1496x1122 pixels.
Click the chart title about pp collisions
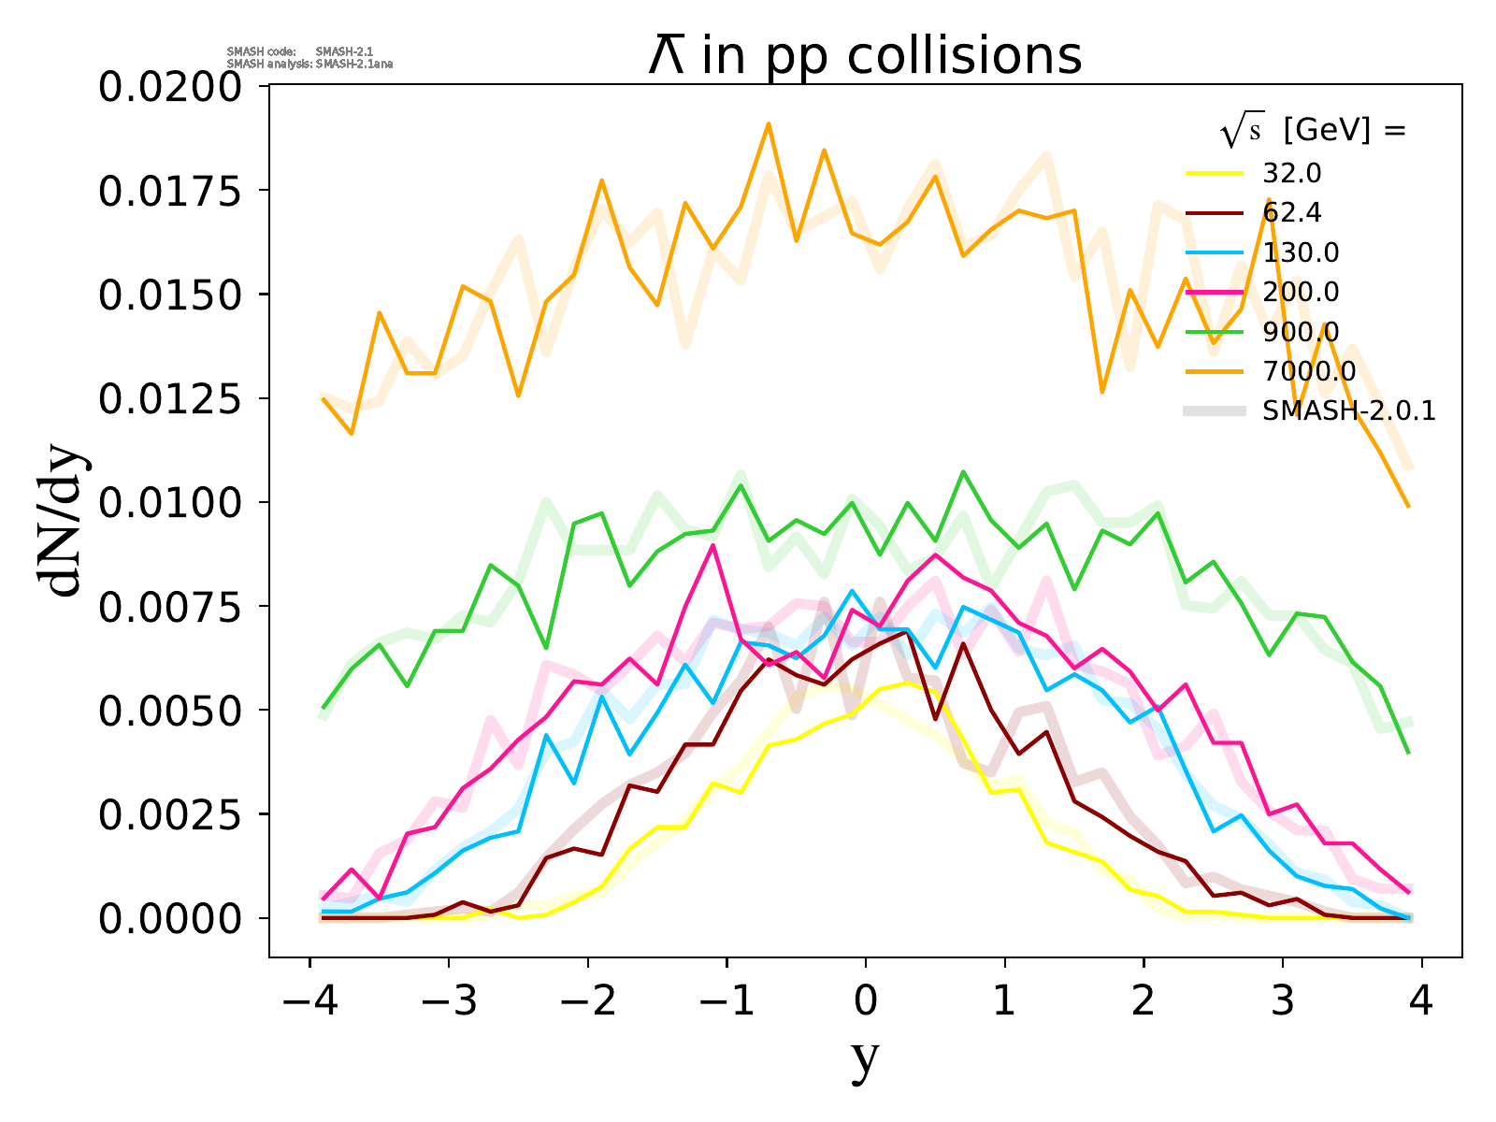[x=865, y=56]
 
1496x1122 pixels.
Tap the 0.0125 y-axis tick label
[x=170, y=399]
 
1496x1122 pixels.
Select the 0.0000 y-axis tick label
[x=170, y=919]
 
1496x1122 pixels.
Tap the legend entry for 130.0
[x=1300, y=252]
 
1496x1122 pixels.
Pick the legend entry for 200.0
[x=1300, y=293]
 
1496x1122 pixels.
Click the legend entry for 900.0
[x=1300, y=332]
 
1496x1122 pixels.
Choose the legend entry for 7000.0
[x=1308, y=372]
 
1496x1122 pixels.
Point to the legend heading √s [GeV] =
[x=1313, y=132]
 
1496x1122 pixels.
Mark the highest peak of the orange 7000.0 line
[x=768, y=123]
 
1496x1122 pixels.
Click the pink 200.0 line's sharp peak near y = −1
[x=713, y=545]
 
